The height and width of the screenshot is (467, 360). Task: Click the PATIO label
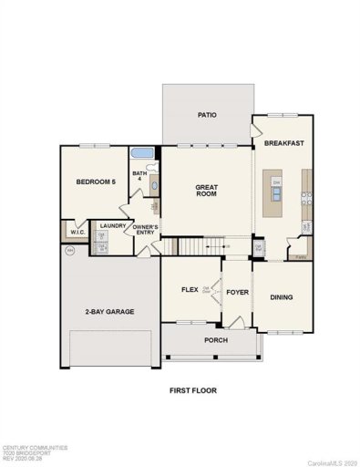pyautogui.click(x=206, y=116)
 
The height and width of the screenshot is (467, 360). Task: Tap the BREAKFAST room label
pyautogui.click(x=283, y=144)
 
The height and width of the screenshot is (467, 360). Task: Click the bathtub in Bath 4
pyautogui.click(x=144, y=152)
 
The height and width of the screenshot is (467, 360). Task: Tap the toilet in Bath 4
pyautogui.click(x=154, y=186)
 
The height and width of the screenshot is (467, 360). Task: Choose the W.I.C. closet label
pyautogui.click(x=76, y=232)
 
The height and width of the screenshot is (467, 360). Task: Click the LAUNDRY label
pyautogui.click(x=112, y=225)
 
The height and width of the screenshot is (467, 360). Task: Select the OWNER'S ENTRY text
pyautogui.click(x=146, y=230)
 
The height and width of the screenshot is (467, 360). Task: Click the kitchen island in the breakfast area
pyautogui.click(x=276, y=193)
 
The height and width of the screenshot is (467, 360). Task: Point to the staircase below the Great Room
pyautogui.click(x=201, y=245)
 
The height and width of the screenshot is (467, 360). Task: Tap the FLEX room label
pyautogui.click(x=190, y=289)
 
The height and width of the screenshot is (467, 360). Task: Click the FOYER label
pyautogui.click(x=237, y=293)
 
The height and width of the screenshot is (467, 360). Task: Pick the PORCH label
pyautogui.click(x=216, y=340)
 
